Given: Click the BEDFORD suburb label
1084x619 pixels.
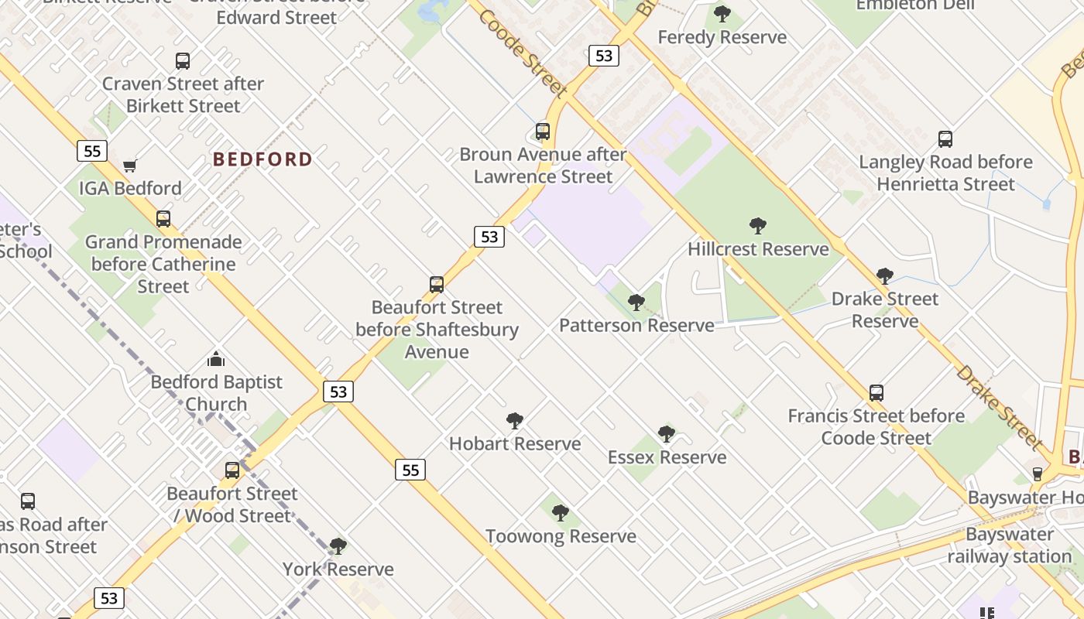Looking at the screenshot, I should click(x=262, y=159).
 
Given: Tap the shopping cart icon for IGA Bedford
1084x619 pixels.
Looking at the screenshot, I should click(x=130, y=166).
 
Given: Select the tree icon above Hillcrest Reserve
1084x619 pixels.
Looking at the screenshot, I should click(x=758, y=226).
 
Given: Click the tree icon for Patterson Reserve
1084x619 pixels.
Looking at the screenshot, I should click(x=636, y=302).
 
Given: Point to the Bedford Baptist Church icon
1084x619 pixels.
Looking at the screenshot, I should click(x=216, y=359).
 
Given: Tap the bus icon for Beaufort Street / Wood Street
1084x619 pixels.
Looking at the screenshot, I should click(x=232, y=470).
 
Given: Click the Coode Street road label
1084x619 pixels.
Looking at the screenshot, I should click(x=523, y=53).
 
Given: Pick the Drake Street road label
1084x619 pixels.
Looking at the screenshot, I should click(x=999, y=407).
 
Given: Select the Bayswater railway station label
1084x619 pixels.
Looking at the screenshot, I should click(x=1010, y=545).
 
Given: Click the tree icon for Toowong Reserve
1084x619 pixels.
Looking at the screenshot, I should click(x=561, y=513).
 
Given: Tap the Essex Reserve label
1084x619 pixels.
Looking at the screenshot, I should click(x=667, y=457).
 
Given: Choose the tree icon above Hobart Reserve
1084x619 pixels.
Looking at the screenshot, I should click(x=515, y=421).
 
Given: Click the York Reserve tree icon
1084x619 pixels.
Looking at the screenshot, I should click(x=338, y=546).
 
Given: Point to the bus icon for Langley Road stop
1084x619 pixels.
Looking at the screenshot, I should click(x=945, y=139).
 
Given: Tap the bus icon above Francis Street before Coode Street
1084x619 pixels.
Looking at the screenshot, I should click(x=876, y=393).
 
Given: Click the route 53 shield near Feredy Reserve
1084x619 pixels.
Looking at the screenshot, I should click(x=603, y=56).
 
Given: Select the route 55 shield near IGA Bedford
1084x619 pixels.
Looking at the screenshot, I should click(x=91, y=151).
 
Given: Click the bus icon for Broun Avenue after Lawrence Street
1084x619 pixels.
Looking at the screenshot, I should click(x=543, y=132).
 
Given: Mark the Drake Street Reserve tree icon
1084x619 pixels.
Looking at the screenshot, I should click(x=885, y=276).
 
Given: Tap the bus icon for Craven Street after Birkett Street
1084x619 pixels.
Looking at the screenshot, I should click(x=183, y=61).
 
